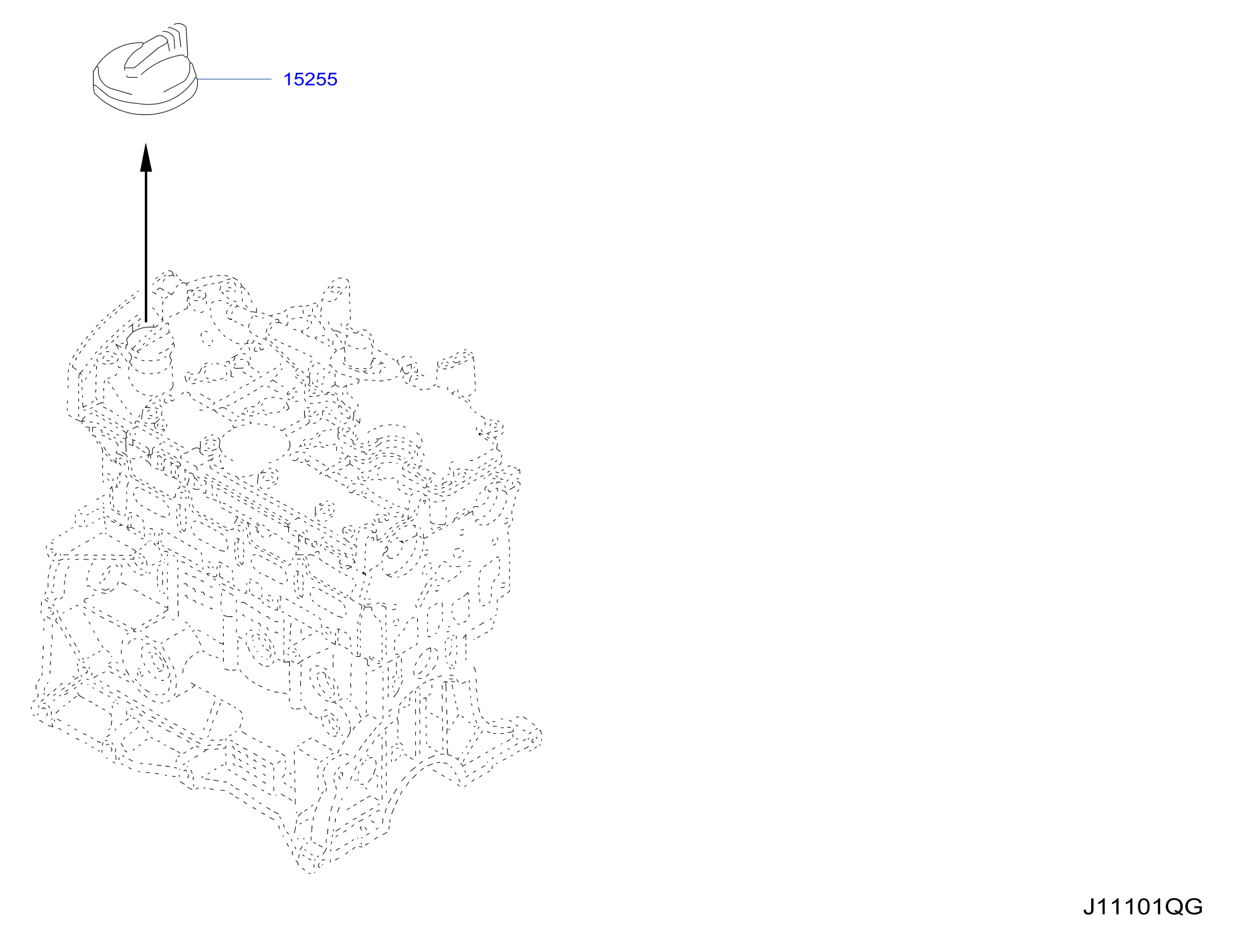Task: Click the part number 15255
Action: point(310,80)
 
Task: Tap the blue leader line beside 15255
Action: point(234,79)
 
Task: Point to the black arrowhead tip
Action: point(146,145)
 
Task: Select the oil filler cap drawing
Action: point(145,70)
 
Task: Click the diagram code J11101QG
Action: point(1143,907)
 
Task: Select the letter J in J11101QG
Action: point(1089,907)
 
